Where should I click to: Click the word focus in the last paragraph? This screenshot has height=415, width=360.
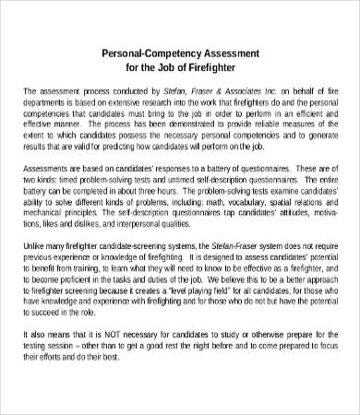318,333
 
